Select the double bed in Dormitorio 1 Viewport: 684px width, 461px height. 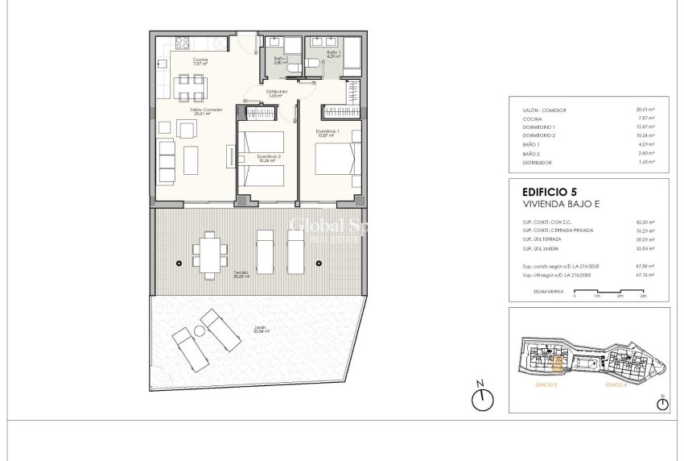click(332, 156)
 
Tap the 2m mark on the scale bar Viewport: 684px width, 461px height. click(620, 296)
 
